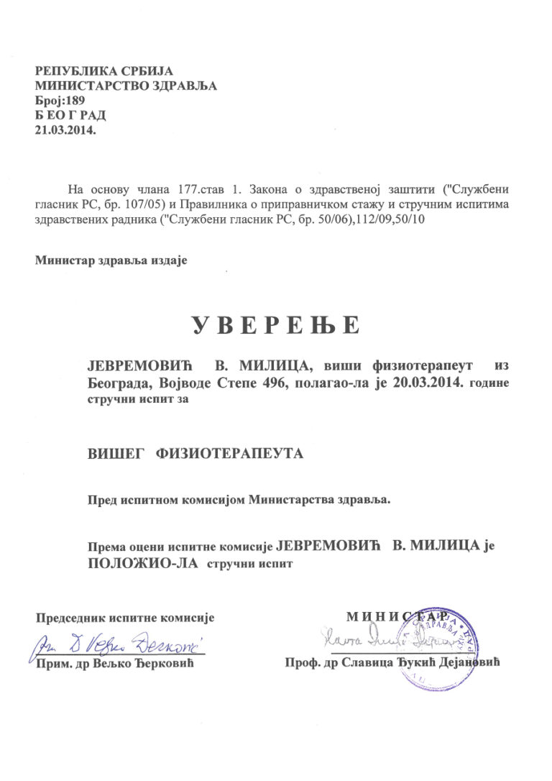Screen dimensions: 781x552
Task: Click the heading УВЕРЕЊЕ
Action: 275,326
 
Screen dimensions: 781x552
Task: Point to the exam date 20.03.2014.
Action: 428,382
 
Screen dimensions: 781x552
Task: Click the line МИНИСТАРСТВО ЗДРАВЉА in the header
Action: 126,86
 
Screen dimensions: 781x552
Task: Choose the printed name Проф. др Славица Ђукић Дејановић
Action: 392,662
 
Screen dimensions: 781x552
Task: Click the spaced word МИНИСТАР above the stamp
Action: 402,616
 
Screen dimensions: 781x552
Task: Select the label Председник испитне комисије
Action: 126,617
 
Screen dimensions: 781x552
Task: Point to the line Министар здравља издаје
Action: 111,260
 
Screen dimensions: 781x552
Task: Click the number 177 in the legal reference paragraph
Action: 186,191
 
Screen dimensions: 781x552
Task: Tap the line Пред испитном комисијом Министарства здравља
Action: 239,499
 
